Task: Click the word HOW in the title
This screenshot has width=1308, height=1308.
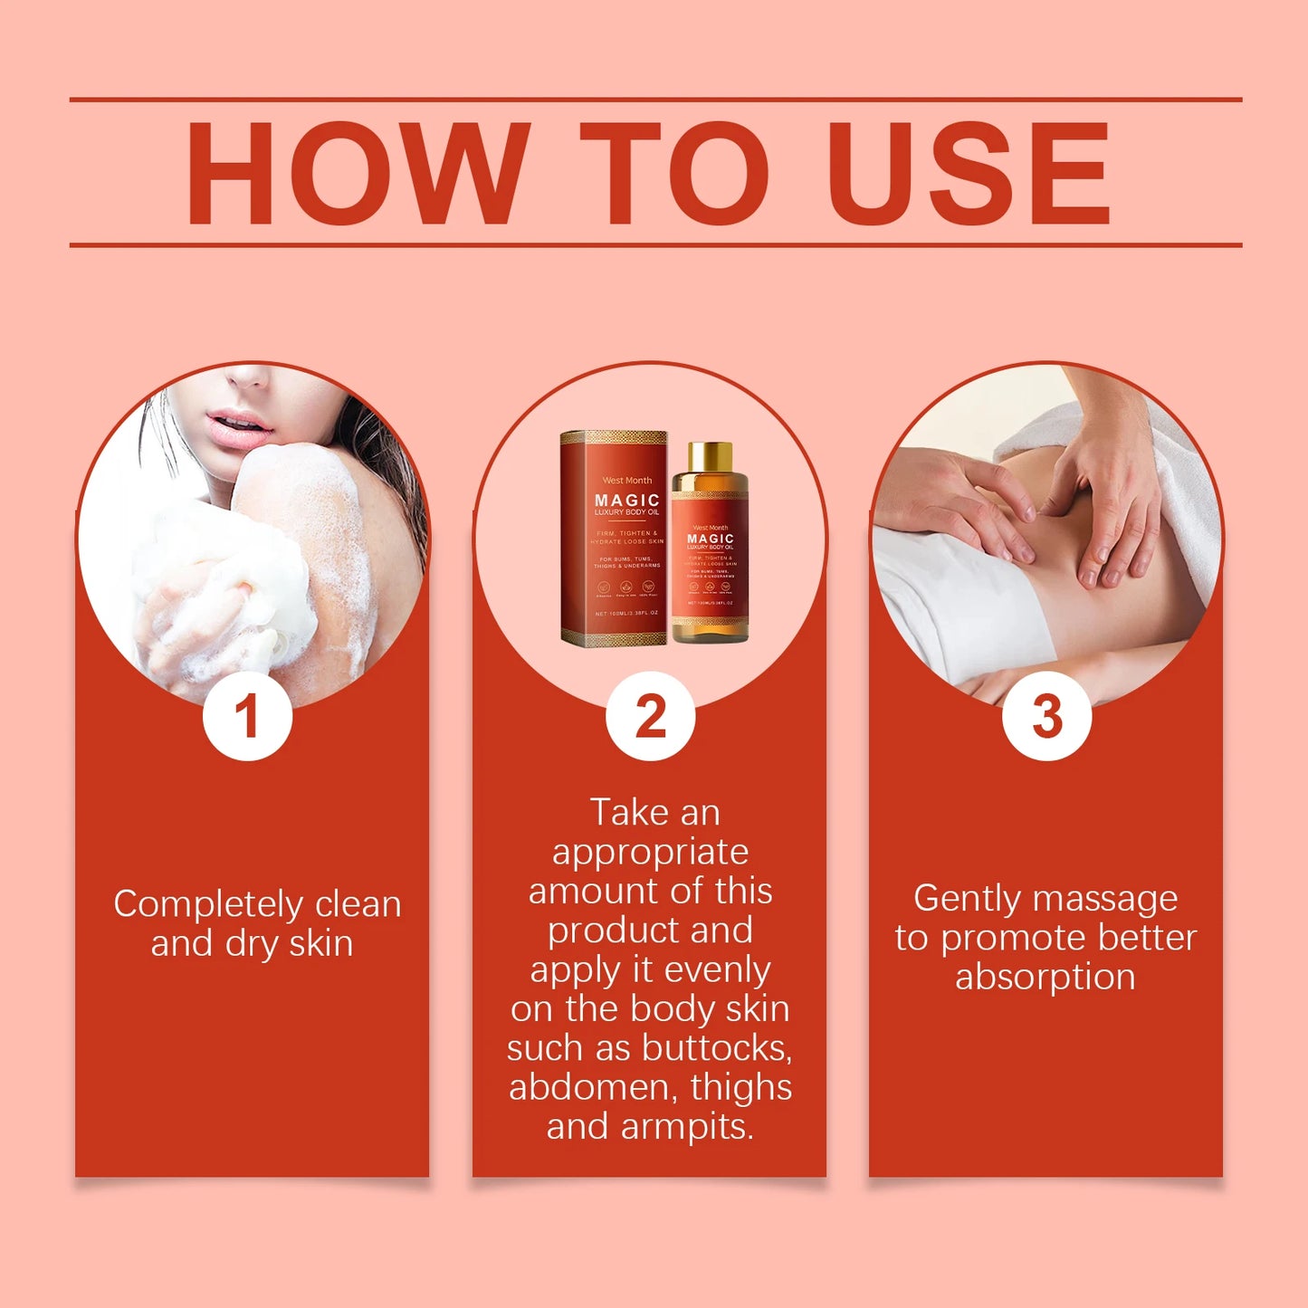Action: tap(357, 173)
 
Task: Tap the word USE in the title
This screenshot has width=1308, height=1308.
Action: tap(968, 173)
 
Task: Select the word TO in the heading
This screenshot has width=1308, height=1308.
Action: tap(674, 173)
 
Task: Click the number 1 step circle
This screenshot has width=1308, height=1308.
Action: tap(247, 716)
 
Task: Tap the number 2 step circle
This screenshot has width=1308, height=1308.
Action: tap(650, 716)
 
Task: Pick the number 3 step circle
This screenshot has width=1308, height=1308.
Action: tap(1046, 716)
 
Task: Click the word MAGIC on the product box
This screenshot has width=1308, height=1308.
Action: tap(626, 500)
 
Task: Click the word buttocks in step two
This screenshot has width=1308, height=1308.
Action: tap(717, 1048)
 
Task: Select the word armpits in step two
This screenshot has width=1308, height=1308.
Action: tap(687, 1127)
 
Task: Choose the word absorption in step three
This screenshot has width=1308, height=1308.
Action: tap(1045, 978)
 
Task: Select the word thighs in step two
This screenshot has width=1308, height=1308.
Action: tap(740, 1087)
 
